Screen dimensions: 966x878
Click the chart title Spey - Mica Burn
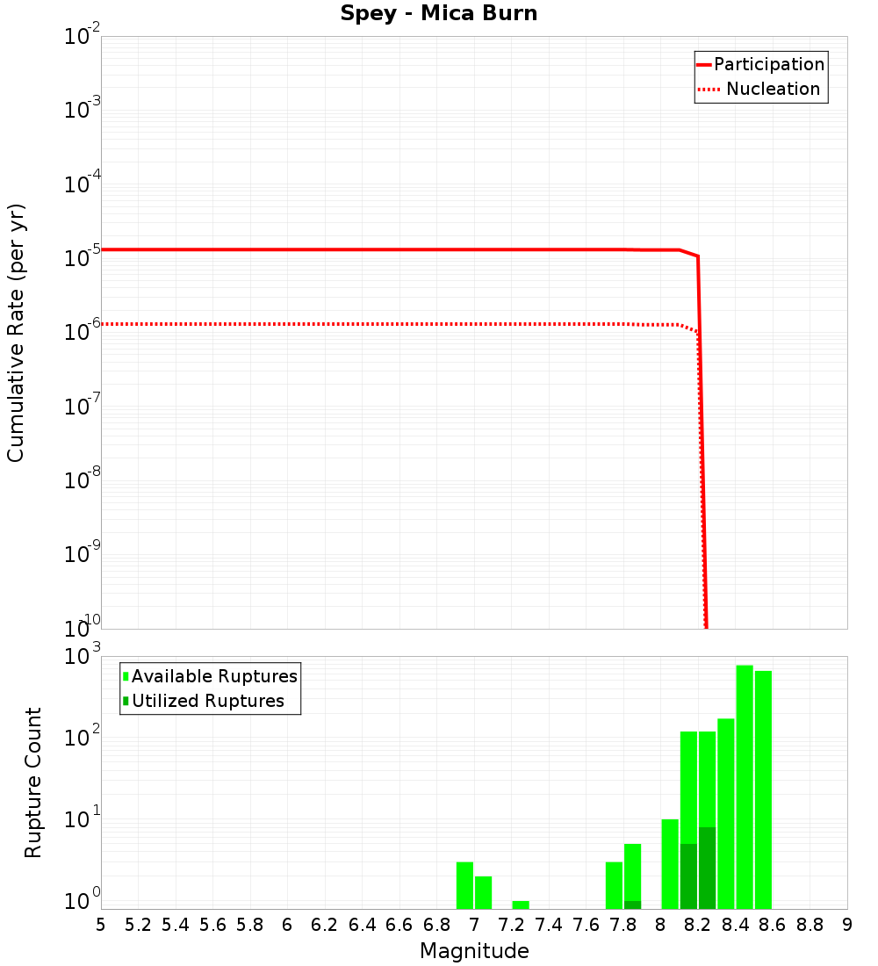439,14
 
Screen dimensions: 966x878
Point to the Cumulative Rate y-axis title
16,333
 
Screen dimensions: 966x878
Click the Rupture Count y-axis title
33,782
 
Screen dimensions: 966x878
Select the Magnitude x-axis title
474,951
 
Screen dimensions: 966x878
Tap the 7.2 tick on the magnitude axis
512,925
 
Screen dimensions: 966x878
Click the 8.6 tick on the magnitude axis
773,925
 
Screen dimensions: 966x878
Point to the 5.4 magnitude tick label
176,925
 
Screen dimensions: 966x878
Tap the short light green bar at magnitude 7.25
521,905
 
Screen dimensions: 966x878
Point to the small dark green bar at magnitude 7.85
632,905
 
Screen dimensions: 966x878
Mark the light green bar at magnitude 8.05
670,864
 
